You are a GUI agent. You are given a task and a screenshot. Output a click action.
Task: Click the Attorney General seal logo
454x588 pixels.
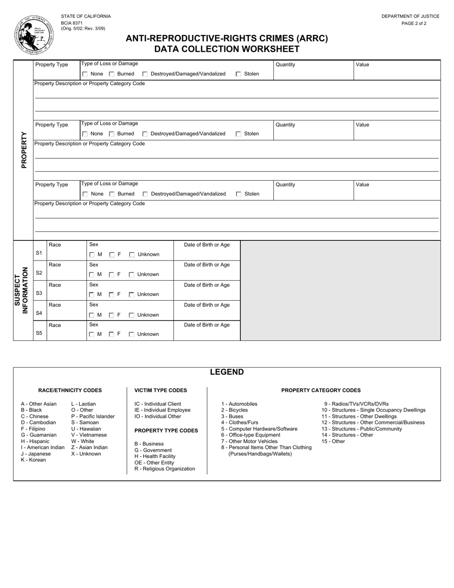34,34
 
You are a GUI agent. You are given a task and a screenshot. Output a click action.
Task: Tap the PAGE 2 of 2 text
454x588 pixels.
414,23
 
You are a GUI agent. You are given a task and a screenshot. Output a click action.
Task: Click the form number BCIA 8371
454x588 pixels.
72,22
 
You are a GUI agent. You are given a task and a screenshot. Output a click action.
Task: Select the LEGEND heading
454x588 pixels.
227,372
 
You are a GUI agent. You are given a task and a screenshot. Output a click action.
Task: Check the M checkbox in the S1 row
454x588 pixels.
92,255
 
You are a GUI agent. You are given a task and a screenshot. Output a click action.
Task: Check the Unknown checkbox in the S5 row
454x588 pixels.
132,335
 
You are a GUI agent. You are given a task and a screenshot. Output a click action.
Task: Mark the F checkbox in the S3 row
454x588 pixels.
112,294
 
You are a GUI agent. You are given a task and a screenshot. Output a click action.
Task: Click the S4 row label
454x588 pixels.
39,313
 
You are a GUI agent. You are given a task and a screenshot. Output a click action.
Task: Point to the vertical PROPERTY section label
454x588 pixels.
24,150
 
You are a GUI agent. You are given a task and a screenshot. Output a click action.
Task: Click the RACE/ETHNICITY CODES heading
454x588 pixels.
70,390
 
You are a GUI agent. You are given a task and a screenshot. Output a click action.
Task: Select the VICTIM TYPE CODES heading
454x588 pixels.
161,390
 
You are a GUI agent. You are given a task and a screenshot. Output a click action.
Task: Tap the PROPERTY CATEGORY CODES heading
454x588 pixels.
321,390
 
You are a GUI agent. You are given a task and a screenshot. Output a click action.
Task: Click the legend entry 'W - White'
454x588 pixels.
83,441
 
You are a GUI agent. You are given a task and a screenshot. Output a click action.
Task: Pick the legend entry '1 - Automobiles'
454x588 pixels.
239,404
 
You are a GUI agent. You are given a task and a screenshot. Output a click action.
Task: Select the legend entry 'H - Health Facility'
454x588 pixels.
155,457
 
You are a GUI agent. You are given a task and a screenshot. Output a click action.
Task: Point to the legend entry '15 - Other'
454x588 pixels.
333,441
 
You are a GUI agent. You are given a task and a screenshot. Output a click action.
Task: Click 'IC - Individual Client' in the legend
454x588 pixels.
158,404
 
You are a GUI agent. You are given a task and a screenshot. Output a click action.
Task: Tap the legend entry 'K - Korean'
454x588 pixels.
33,460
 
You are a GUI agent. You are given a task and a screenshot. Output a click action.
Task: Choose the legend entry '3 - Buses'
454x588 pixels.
232,416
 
